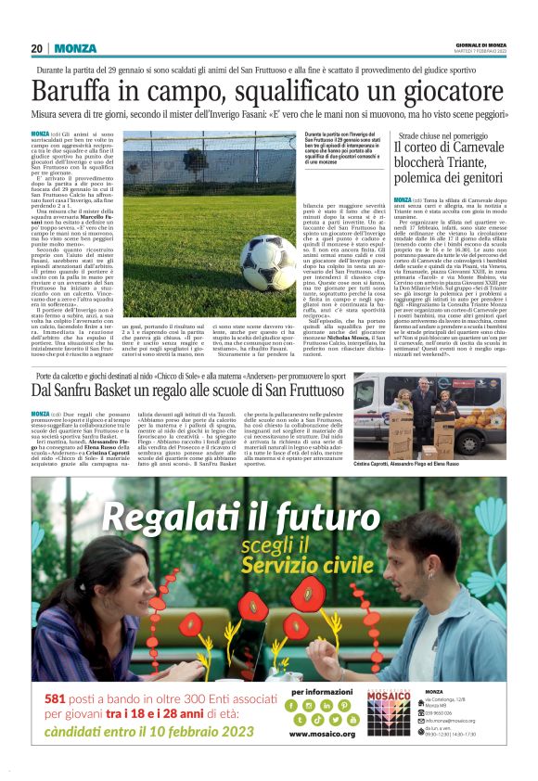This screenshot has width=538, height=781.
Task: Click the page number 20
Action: click(36, 48)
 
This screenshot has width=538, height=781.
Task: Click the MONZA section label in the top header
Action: click(75, 48)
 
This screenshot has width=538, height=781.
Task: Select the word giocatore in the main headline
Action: click(447, 92)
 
